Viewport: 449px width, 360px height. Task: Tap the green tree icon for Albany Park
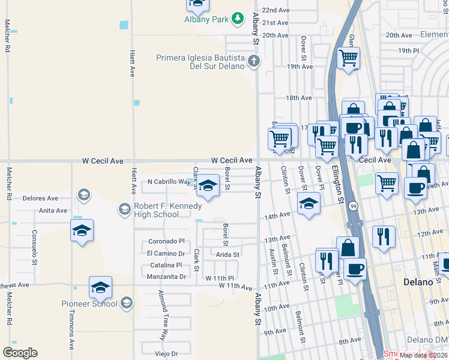tap(238, 19)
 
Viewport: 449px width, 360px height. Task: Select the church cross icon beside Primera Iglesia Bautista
tap(254, 61)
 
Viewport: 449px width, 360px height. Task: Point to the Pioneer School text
tap(89, 304)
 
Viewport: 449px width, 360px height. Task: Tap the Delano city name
tap(419, 281)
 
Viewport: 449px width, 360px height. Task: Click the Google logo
tap(20, 352)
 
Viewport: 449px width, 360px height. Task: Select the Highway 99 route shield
tap(354, 205)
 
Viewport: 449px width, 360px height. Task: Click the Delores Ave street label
tap(40, 197)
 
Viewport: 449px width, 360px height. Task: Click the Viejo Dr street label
tap(167, 354)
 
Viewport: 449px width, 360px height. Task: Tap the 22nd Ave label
tap(276, 11)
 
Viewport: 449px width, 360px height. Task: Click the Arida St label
tap(228, 254)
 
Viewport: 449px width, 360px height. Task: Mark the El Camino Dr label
tap(166, 253)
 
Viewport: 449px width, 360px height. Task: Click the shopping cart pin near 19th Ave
tap(348, 58)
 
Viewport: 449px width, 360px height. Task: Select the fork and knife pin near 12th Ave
tap(383, 236)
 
